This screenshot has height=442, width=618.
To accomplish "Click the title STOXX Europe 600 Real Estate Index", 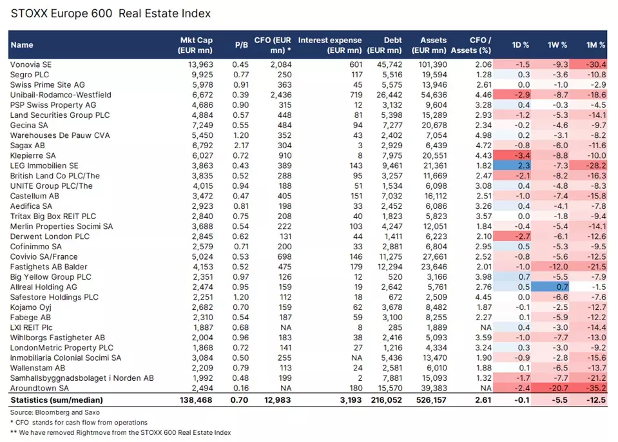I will (x=111, y=13).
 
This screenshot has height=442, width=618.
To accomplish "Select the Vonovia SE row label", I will (x=30, y=64).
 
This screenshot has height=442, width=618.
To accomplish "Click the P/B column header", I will (x=242, y=45).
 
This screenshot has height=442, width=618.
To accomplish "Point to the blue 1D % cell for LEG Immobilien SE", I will (x=522, y=166).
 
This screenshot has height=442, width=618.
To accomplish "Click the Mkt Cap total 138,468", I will (x=194, y=400).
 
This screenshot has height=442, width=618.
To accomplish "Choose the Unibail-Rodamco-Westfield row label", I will (x=61, y=95).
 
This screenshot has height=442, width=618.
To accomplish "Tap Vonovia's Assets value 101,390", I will (x=430, y=64).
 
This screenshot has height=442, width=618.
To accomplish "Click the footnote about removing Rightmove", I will (x=121, y=432).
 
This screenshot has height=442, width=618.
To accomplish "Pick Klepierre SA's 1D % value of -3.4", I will (x=522, y=156).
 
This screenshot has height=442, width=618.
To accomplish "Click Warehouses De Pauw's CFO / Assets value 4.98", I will (x=483, y=135).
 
